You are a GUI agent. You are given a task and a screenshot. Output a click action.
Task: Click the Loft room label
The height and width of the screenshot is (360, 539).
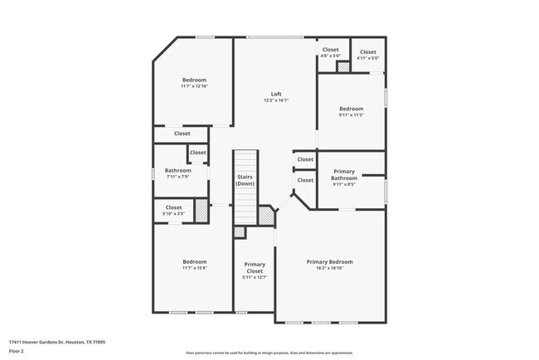tap(276, 94)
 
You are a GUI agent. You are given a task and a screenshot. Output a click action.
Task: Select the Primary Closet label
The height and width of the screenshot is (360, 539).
tap(255, 267)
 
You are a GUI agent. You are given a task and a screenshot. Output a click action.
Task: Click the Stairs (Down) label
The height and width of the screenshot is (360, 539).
tap(245, 180)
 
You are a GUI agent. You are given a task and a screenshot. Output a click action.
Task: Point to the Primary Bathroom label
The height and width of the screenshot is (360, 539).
tap(344, 174)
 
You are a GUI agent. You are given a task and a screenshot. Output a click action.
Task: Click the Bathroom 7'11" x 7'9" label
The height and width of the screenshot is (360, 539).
tap(177, 170)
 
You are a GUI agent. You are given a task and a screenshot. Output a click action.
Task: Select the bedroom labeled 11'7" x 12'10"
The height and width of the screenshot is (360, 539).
tap(193, 80)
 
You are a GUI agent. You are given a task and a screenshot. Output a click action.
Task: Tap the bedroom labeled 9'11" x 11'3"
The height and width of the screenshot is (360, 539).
tap(351, 109)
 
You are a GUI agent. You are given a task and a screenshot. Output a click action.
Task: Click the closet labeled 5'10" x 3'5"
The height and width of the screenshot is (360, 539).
tap(173, 207)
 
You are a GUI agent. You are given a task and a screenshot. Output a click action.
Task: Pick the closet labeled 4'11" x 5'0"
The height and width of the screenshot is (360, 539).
tap(367, 52)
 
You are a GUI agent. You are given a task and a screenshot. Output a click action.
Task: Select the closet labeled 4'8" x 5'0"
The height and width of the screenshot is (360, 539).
tap(330, 50)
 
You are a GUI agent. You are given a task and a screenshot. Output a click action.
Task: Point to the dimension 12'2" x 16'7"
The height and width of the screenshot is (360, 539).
tap(276, 100)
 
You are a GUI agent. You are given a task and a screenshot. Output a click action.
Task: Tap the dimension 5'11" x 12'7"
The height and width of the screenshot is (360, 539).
tap(255, 278)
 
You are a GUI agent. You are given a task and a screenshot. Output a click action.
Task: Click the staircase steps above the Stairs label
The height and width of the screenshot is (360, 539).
tap(245, 160)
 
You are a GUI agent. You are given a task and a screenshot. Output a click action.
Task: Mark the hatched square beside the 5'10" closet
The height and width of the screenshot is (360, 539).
tap(201, 208)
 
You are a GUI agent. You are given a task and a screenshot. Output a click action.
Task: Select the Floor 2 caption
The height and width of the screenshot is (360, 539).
tap(17, 352)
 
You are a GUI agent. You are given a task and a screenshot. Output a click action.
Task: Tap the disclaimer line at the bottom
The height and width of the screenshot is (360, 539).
tap(269, 352)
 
